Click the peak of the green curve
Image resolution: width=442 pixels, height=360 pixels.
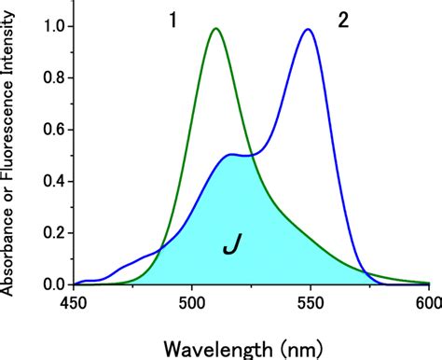(215, 29)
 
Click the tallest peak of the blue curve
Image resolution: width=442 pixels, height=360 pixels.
(307, 30)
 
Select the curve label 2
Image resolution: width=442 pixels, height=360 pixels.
(343, 21)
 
